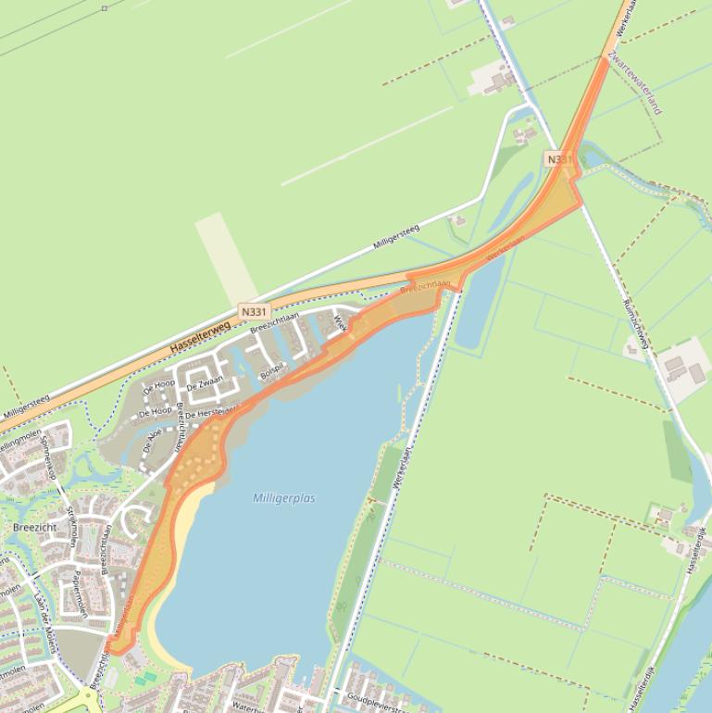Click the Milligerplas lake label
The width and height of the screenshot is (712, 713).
(283, 498)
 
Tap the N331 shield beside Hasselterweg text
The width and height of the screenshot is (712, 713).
(254, 312)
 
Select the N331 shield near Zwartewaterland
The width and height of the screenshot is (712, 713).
(559, 159)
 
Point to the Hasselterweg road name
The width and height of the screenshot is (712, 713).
(201, 334)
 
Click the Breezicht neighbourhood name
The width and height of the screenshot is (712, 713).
(34, 527)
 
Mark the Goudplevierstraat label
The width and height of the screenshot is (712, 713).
(378, 701)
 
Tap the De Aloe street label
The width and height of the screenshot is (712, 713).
(153, 433)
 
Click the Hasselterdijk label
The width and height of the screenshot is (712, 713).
(695, 551)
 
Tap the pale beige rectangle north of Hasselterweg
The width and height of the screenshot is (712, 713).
(225, 258)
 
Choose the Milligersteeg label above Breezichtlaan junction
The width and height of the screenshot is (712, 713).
(396, 237)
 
